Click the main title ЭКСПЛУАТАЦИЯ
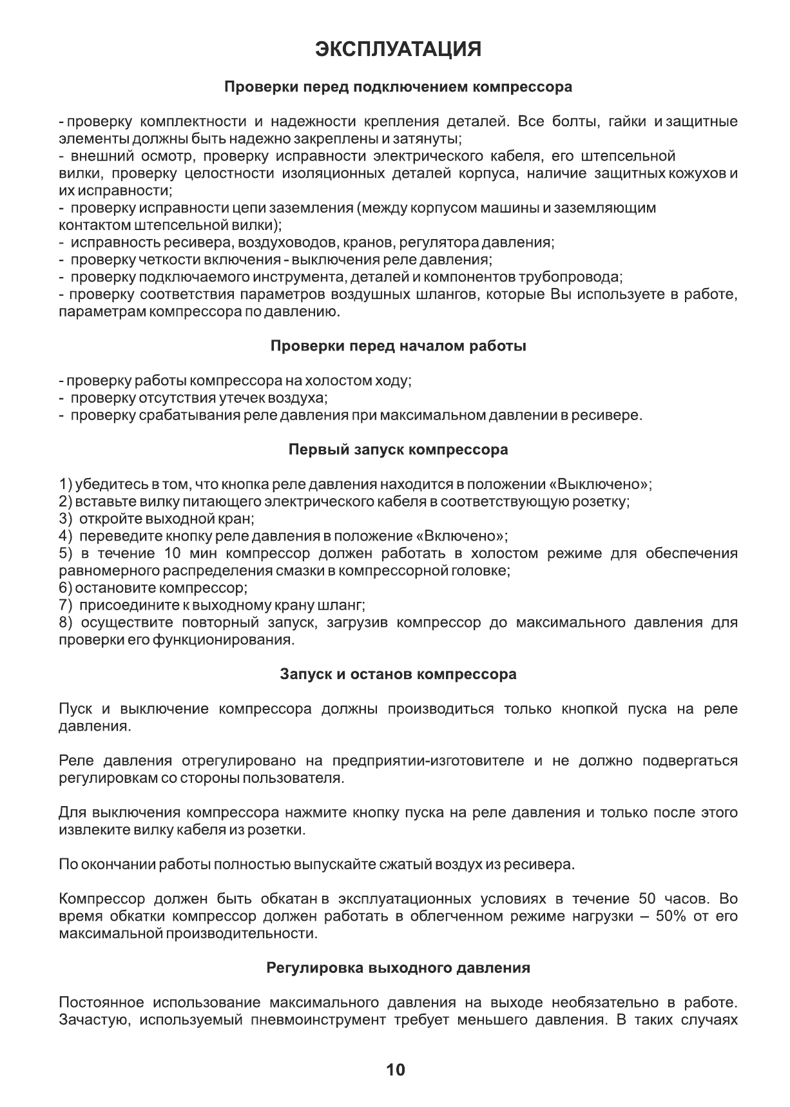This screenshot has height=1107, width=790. [x=398, y=50]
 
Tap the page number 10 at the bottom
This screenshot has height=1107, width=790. [x=395, y=1070]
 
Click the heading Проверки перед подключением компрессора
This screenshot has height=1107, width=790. [x=398, y=86]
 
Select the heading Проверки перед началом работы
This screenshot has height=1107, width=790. [x=398, y=346]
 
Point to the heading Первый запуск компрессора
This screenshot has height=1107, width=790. [x=398, y=450]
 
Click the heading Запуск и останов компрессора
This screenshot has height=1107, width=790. [x=398, y=675]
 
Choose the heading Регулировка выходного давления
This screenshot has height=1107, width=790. [x=398, y=968]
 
